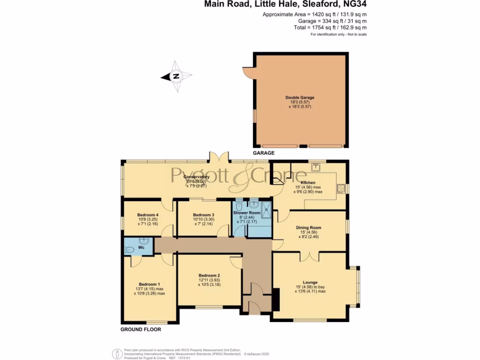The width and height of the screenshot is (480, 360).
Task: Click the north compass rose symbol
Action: pyautogui.click(x=176, y=76)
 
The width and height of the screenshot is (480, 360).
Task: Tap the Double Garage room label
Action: pyautogui.click(x=300, y=97)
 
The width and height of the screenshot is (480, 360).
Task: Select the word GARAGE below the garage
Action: pyautogui.click(x=264, y=153)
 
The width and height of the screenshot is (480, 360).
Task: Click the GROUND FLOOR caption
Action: pyautogui.click(x=141, y=330)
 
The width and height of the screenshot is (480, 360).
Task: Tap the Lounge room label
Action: pyautogui.click(x=310, y=282)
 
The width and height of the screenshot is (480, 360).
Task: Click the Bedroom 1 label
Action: pyautogui.click(x=149, y=284)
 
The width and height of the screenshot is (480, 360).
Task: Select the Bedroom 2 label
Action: pyautogui.click(x=209, y=275)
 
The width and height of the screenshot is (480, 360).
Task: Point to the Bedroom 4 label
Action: pyautogui.click(x=148, y=215)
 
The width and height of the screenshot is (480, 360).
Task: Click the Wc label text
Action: pyautogui.click(x=141, y=247)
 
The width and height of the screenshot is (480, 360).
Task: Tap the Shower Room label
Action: pyautogui.click(x=247, y=213)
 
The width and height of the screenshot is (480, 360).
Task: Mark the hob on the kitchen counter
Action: pyautogui.click(x=340, y=188)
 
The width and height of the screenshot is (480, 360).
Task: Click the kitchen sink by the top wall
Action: pyautogui.click(x=316, y=165)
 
